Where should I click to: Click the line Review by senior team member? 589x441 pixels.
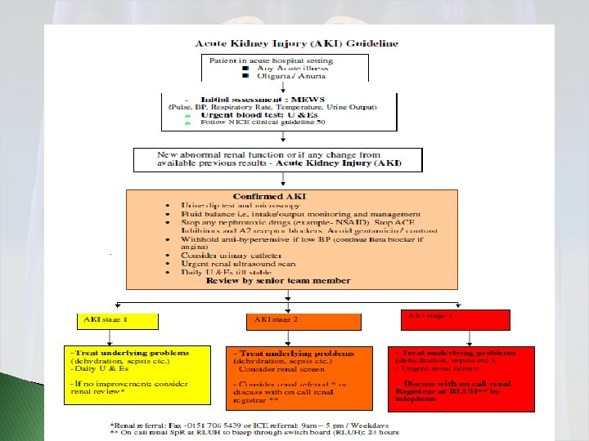(278, 280)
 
